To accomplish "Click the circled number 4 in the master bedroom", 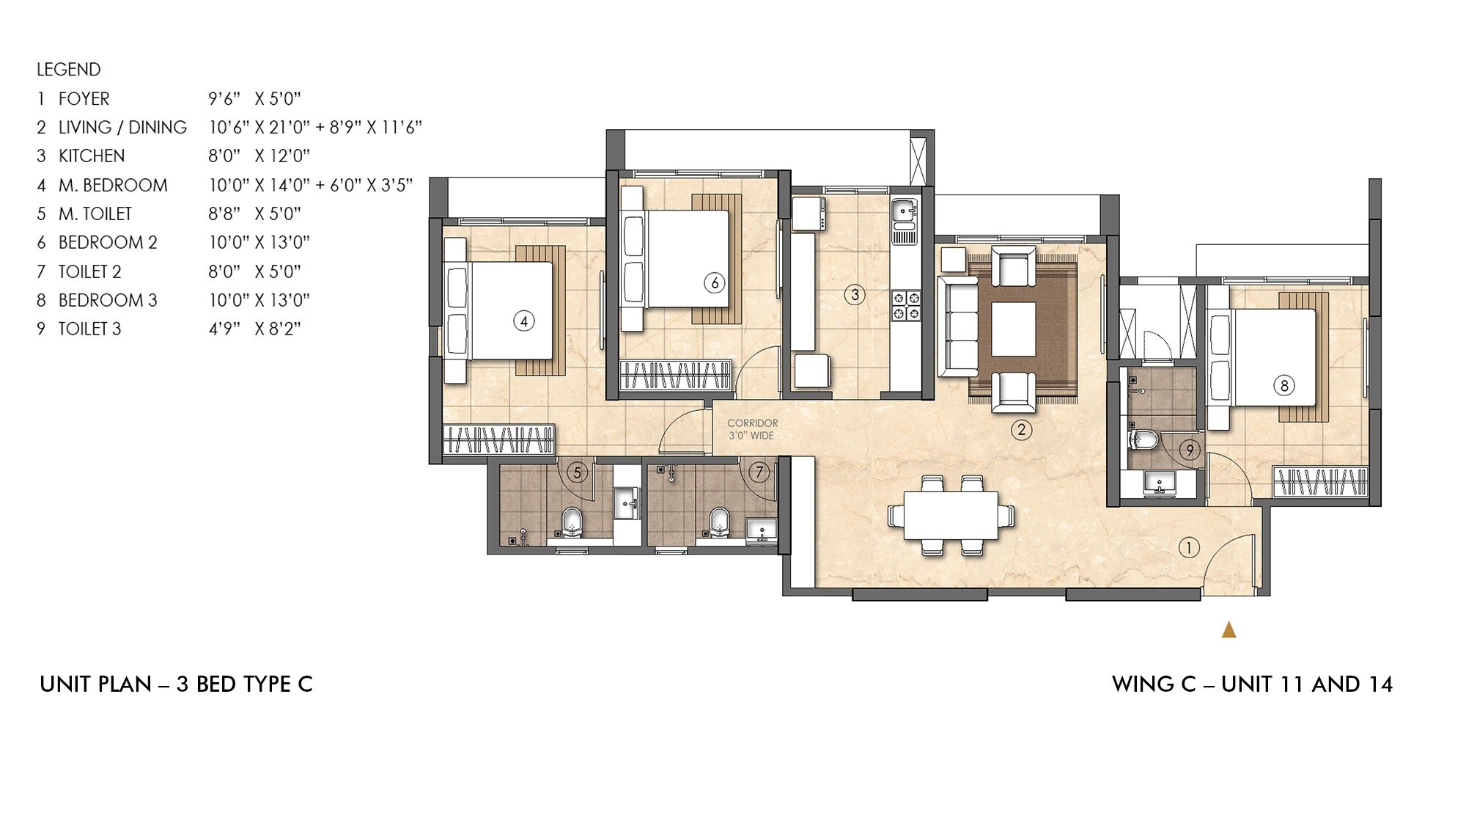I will coord(523,321).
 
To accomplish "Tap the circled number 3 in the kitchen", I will coord(855,295).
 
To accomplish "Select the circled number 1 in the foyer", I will coord(1188,547).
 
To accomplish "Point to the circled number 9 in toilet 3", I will coord(1190,450).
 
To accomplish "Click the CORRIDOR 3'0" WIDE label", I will coord(752,429).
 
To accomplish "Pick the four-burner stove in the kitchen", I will coord(905,306).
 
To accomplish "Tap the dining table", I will coord(951,516).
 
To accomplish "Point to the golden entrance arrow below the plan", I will coord(1229,630).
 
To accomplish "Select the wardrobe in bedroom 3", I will coord(1321,482).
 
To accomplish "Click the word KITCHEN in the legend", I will coord(92,156).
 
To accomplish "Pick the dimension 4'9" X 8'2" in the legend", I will coord(254,329).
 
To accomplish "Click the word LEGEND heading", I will coord(69,70).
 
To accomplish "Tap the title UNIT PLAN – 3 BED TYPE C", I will coord(176,684).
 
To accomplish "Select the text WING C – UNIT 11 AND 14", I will coord(1252,684).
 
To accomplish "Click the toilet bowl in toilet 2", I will coord(720,522).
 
